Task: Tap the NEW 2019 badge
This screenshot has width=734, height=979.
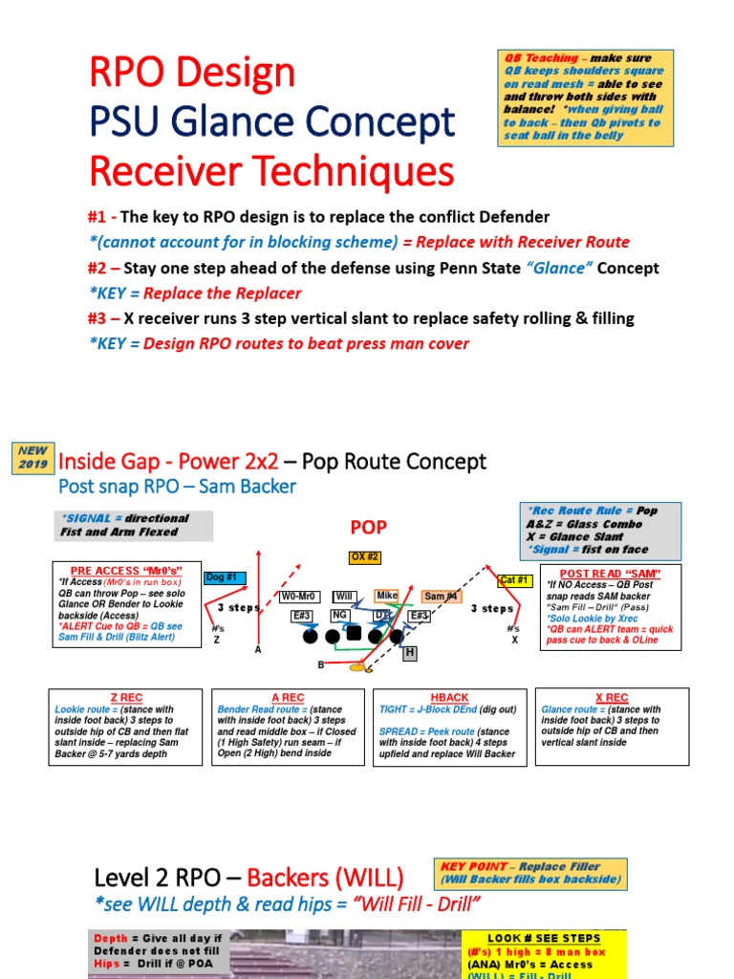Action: pyautogui.click(x=32, y=456)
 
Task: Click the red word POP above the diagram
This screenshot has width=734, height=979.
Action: pyautogui.click(x=369, y=527)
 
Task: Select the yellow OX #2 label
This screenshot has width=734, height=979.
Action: pyautogui.click(x=365, y=557)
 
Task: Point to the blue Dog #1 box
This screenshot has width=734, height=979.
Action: pyautogui.click(x=226, y=577)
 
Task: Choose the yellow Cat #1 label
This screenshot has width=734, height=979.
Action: pyautogui.click(x=515, y=579)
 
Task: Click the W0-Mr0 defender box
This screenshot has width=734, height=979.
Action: pyautogui.click(x=299, y=597)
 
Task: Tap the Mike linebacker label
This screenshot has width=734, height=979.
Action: pyautogui.click(x=386, y=596)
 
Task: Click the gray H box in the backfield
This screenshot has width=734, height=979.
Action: pyautogui.click(x=410, y=652)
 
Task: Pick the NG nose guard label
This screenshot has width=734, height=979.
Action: pyautogui.click(x=339, y=615)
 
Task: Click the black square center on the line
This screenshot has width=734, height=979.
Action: pyautogui.click(x=354, y=633)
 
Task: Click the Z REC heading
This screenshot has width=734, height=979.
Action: pyautogui.click(x=126, y=698)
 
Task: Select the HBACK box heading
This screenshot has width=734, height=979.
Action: pyautogui.click(x=449, y=698)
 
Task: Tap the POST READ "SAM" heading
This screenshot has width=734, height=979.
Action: pyautogui.click(x=610, y=572)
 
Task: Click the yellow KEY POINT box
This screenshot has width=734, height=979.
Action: pyautogui.click(x=530, y=872)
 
